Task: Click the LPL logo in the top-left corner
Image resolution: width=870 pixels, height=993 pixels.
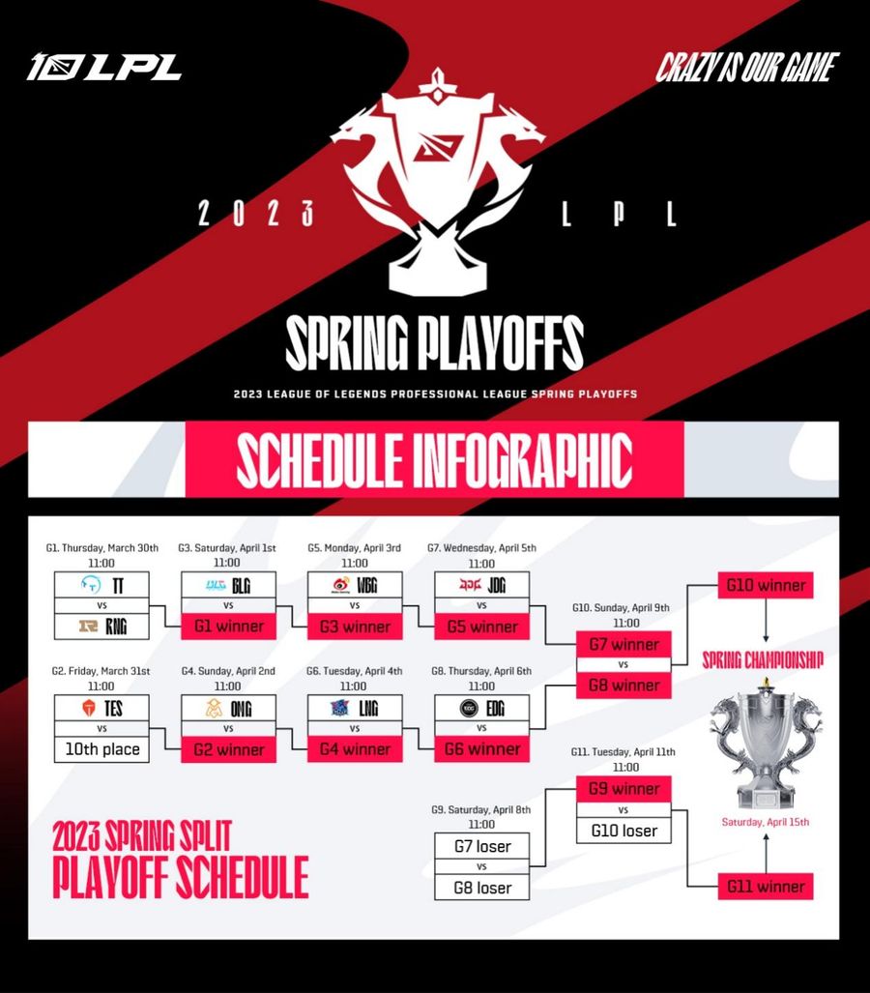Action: tap(104, 68)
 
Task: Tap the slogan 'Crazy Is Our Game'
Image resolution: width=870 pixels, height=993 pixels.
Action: tap(746, 68)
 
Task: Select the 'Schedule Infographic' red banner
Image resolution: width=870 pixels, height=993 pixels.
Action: tap(434, 458)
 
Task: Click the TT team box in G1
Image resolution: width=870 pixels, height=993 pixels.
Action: tap(102, 585)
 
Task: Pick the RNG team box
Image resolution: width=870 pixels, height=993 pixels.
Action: tap(102, 627)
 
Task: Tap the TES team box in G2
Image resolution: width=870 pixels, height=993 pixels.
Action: tap(102, 708)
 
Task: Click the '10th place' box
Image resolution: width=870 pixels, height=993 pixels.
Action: tap(102, 749)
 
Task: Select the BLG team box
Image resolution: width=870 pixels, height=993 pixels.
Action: tap(229, 585)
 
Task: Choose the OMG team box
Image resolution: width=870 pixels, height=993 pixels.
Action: tap(229, 708)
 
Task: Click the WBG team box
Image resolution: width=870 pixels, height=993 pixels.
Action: tap(355, 585)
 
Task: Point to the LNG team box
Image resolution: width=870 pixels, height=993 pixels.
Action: tap(355, 708)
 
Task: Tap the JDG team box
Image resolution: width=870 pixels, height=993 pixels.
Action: tap(482, 585)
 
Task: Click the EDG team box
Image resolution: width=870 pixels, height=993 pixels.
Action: tap(482, 708)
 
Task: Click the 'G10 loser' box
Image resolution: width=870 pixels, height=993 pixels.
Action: tap(623, 831)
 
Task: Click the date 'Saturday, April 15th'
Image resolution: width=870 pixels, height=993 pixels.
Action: tap(766, 823)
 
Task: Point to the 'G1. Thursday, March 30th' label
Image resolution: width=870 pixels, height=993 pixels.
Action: tap(101, 547)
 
